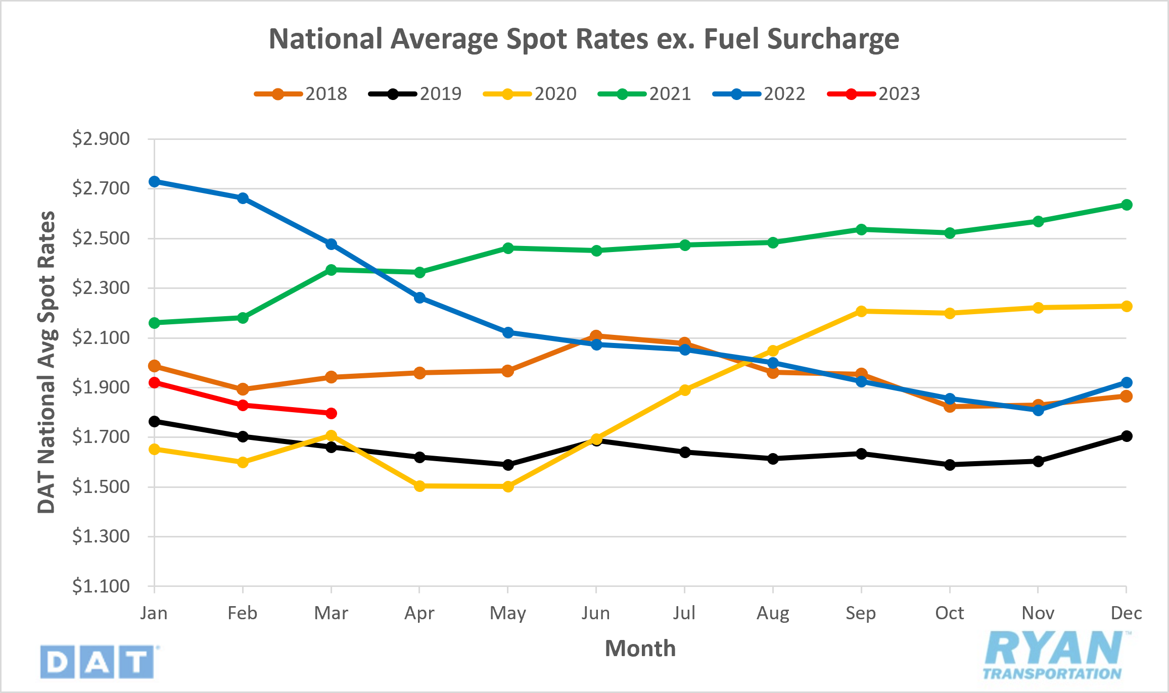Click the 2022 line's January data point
point(154,181)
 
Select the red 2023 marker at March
point(331,413)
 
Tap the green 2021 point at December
point(1126,205)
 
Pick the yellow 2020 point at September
point(861,311)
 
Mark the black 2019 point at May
point(508,464)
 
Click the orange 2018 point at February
point(243,389)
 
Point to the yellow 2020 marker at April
point(419,486)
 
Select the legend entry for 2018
point(301,94)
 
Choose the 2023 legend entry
point(874,94)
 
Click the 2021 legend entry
point(645,94)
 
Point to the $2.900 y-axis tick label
point(101,138)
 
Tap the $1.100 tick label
point(101,586)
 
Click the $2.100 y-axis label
point(101,337)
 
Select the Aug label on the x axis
point(772,613)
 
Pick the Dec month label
point(1126,613)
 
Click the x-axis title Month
point(640,649)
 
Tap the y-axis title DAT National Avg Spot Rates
point(46,362)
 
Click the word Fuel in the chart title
point(732,39)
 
